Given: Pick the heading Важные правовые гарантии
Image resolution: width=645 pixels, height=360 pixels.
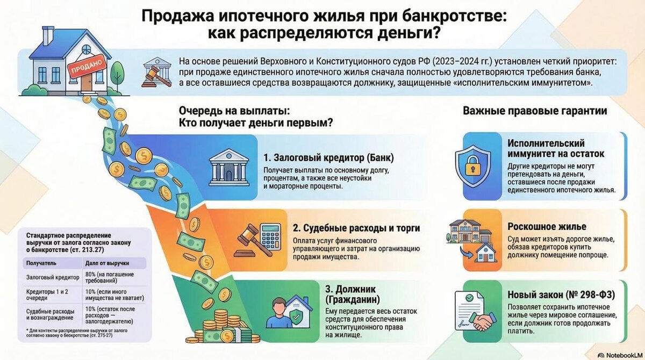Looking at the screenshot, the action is [535, 111].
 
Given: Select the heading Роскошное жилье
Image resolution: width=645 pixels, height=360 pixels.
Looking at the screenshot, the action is [547, 227].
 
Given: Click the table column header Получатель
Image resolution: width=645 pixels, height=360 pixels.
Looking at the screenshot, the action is [41, 264].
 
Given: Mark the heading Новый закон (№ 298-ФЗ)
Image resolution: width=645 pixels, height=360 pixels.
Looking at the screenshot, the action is [561, 296].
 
